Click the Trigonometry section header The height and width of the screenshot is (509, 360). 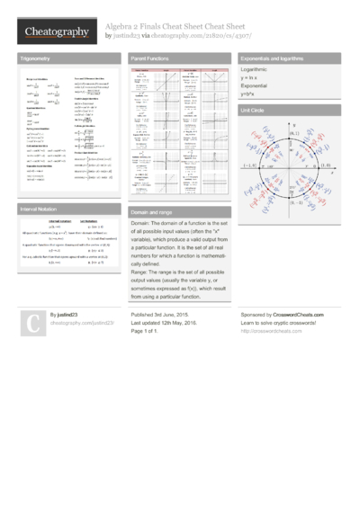click(x=35, y=58)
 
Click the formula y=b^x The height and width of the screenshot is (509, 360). click(x=248, y=94)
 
